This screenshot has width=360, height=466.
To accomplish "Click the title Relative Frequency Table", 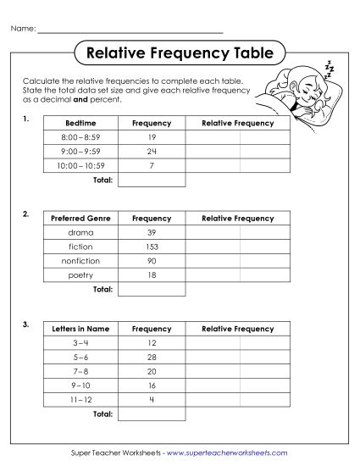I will point(180,53).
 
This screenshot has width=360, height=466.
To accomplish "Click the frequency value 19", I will point(152,137).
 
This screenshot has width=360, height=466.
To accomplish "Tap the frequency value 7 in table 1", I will point(152,166).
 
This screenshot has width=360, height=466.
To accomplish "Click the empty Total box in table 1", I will point(152,180).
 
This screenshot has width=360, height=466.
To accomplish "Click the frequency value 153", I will point(152,247).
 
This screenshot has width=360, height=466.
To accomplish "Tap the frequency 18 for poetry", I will point(152,275).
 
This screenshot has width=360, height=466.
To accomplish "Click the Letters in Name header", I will point(80,329).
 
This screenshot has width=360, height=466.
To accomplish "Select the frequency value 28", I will point(152,357).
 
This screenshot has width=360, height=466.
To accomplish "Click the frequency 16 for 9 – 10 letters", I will point(152,385).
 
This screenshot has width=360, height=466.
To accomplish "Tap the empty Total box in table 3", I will point(152,414).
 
